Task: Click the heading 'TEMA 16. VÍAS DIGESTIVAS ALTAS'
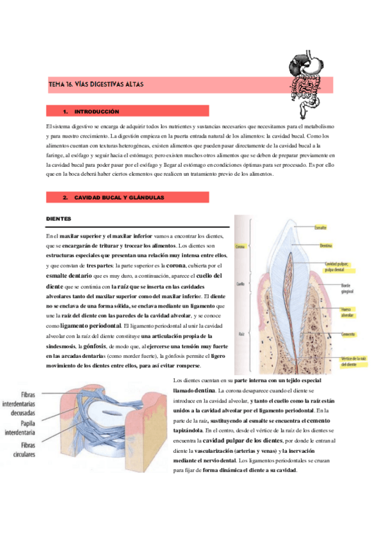(x=96, y=85)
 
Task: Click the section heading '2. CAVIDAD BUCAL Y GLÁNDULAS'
(x=119, y=198)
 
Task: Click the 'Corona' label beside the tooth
(x=240, y=246)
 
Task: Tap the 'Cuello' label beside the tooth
(x=240, y=284)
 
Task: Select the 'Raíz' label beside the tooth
(x=240, y=332)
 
